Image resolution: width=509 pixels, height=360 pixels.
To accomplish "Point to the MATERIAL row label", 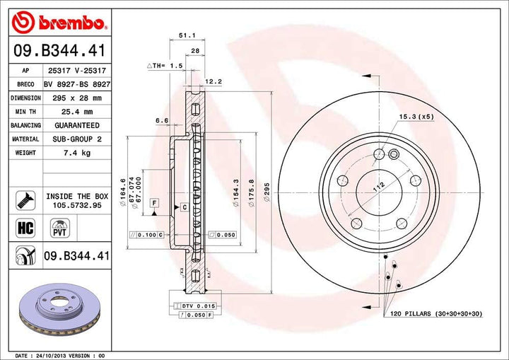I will [25, 139].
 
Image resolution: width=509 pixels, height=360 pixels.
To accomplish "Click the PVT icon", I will [59, 227].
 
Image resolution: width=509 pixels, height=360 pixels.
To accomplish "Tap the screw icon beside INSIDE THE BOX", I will [23, 200].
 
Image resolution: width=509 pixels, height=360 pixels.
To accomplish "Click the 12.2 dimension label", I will [213, 81].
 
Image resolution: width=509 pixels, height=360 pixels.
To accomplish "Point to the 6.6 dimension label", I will [161, 120].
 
